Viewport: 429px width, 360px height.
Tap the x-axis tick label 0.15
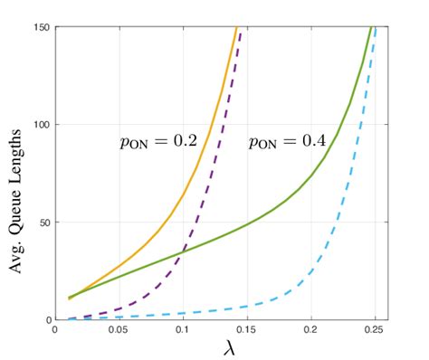click(246, 332)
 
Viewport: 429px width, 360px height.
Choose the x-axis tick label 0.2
click(311, 332)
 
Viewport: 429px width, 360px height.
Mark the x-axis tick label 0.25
click(375, 332)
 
